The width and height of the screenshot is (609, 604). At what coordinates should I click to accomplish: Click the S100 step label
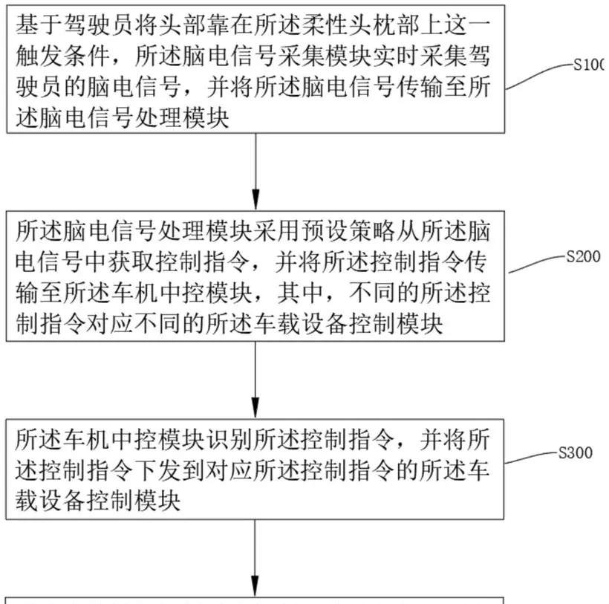pos(591,66)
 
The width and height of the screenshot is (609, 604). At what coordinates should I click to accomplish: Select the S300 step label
pos(576,452)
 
